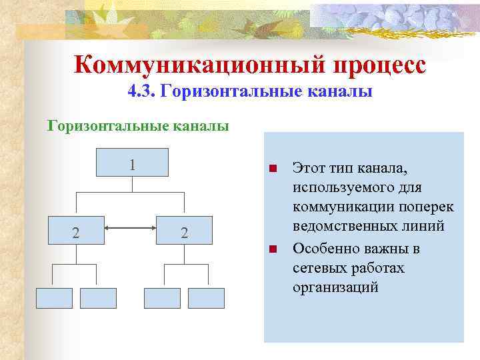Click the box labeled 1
[x=132, y=164]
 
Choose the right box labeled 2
[x=185, y=232]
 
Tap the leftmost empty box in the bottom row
[x=54, y=298]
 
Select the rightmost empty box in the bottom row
[x=206, y=298]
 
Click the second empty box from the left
[x=98, y=298]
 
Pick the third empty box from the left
[x=162, y=298]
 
